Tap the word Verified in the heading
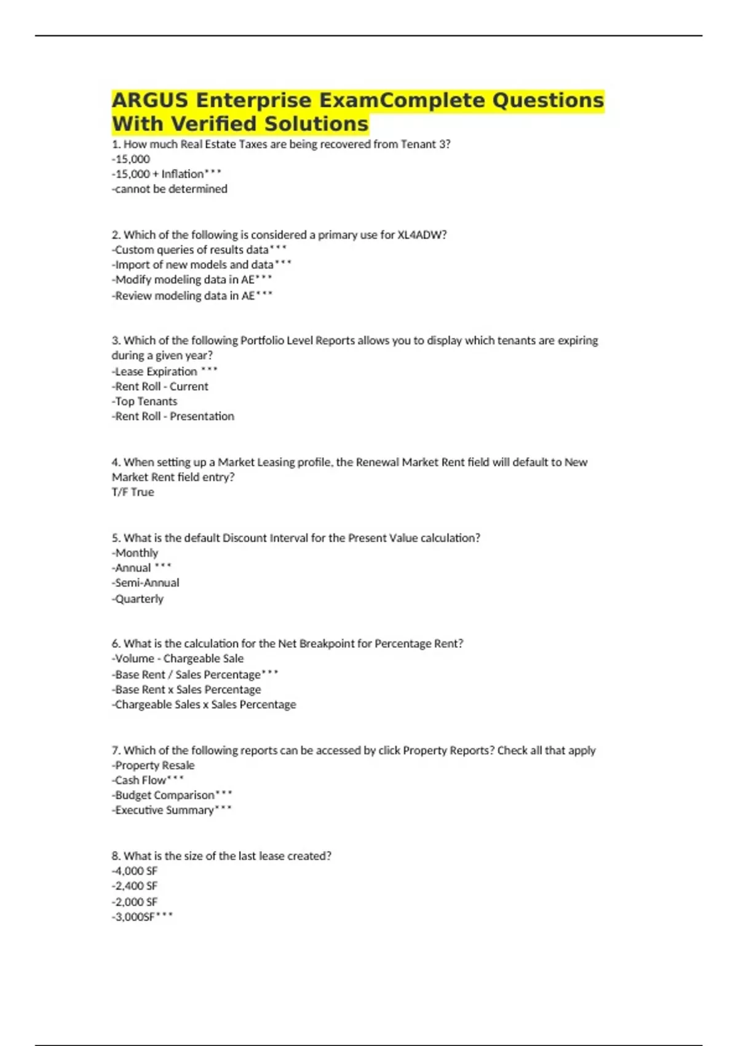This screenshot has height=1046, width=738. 214,124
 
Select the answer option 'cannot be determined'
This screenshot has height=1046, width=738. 170,189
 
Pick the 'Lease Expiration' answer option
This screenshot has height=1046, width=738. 156,372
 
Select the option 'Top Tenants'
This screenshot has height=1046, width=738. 145,401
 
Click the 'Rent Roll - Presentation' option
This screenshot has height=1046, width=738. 173,417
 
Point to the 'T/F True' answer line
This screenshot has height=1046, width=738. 133,492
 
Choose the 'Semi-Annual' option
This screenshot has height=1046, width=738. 146,583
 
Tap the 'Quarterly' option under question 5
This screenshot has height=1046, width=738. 138,599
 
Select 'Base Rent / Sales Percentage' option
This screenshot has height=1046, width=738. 188,674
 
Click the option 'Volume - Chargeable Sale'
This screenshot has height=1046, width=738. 178,658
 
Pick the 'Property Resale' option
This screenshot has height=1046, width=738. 154,765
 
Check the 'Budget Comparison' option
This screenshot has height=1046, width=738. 164,795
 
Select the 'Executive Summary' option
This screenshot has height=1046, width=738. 164,810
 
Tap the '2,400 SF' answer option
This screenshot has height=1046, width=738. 135,886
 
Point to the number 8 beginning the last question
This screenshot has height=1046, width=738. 115,856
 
